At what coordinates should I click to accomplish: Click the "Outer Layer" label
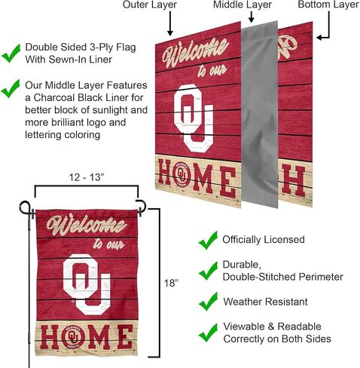click(x=150, y=5)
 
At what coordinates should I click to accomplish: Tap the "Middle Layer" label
click(x=243, y=5)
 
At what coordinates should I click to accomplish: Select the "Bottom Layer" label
click(x=328, y=5)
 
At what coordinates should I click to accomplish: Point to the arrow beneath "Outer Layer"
click(x=170, y=23)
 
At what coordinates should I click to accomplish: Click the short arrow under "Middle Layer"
click(x=252, y=17)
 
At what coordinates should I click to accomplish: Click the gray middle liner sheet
click(x=260, y=115)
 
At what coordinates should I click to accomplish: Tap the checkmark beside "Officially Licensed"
click(x=208, y=240)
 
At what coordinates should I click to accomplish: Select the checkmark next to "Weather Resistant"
click(x=208, y=301)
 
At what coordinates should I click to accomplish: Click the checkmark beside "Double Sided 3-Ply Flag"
click(x=11, y=54)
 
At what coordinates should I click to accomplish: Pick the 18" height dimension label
click(x=171, y=283)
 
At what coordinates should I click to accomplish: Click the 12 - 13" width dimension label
click(x=87, y=177)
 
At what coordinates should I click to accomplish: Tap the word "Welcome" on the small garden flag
click(x=87, y=225)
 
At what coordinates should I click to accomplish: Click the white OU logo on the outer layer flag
click(x=194, y=118)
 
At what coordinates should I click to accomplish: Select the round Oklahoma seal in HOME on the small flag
click(x=73, y=336)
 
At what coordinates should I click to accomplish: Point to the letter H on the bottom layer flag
click(x=293, y=181)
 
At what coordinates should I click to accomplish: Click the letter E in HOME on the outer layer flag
click(x=227, y=182)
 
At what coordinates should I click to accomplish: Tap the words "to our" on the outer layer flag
click(x=212, y=71)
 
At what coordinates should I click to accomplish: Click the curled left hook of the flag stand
click(x=25, y=208)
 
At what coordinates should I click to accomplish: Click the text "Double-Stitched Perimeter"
click(x=283, y=277)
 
